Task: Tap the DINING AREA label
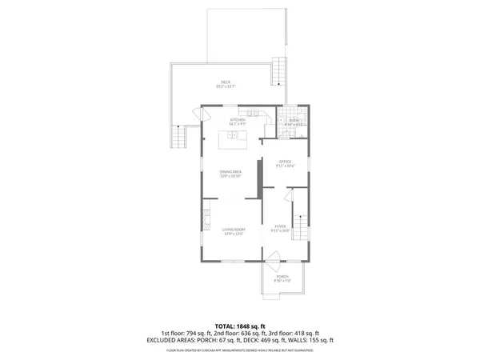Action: coord(231,171)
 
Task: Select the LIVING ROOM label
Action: coord(234,230)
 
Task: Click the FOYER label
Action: coord(279,229)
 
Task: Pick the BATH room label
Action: coord(294,121)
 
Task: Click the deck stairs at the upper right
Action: coord(279,73)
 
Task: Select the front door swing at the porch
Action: coord(273,258)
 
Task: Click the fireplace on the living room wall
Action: coord(205,218)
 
